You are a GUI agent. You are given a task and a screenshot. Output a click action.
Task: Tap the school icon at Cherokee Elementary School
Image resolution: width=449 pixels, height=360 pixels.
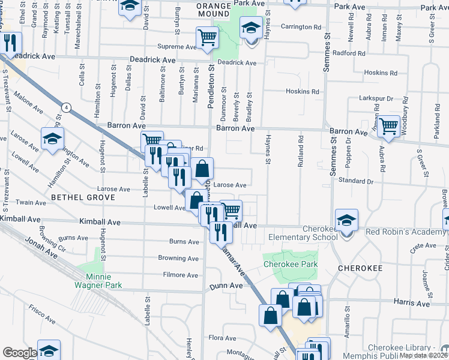(x=347, y=220)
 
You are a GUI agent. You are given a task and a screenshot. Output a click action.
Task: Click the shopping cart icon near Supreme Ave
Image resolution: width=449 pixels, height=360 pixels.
(x=207, y=37)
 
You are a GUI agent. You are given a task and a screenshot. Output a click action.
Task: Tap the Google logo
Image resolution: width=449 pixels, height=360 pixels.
(x=19, y=353)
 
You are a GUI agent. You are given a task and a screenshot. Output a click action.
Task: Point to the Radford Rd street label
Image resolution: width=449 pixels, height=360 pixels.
(x=349, y=53)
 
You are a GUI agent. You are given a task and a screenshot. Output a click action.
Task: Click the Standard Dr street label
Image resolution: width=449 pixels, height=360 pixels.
(x=356, y=180)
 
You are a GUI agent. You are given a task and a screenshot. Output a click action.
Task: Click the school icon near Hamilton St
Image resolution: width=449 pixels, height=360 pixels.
(x=53, y=139)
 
